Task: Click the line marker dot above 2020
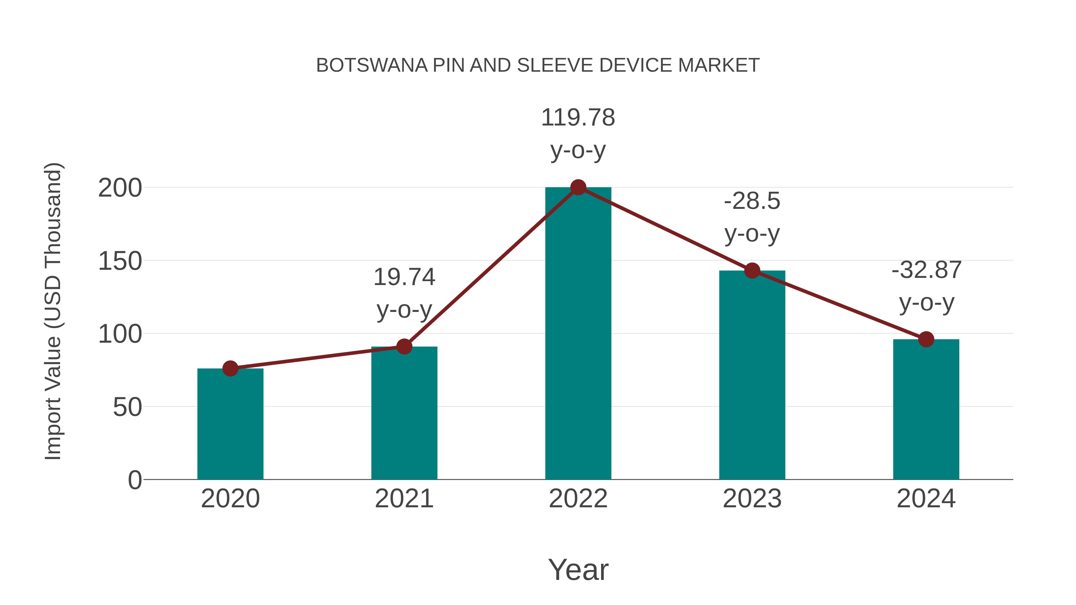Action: (230, 368)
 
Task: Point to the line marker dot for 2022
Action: (578, 187)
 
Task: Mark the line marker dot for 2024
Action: (926, 339)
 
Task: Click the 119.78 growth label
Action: (578, 118)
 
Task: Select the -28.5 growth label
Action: (752, 201)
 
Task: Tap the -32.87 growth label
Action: (926, 270)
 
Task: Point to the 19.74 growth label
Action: (404, 277)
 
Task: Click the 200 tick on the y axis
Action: (120, 188)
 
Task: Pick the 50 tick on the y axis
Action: (127, 408)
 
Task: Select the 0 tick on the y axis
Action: (134, 480)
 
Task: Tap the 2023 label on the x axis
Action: (752, 499)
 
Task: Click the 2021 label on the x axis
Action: (404, 499)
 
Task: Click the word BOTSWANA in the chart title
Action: (372, 65)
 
